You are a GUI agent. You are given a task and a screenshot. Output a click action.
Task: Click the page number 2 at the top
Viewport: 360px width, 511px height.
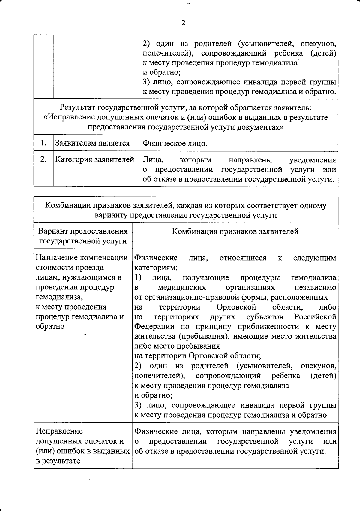coord(183,23)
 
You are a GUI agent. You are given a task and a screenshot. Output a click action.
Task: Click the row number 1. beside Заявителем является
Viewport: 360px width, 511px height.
coord(44,143)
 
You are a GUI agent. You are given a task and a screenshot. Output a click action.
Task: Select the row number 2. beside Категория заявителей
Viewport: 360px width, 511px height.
coord(44,159)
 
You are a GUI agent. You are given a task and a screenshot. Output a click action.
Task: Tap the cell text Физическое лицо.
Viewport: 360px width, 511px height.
coord(175,143)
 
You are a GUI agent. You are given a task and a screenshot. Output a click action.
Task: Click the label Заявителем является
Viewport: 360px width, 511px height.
coord(92,143)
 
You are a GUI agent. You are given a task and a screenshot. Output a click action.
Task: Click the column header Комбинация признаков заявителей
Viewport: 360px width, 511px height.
coord(235,231)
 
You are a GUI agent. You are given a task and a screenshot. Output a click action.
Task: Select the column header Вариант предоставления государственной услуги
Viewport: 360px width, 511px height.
coord(83,236)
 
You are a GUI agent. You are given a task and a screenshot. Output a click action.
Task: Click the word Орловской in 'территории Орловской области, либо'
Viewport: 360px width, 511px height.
coord(236,307)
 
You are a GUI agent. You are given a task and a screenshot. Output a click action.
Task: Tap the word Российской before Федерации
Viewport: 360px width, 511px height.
coord(315,317)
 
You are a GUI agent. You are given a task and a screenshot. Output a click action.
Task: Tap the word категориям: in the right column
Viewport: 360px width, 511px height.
coord(156,268)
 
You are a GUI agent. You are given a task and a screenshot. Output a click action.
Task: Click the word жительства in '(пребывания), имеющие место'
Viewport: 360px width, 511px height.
coord(316,337)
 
